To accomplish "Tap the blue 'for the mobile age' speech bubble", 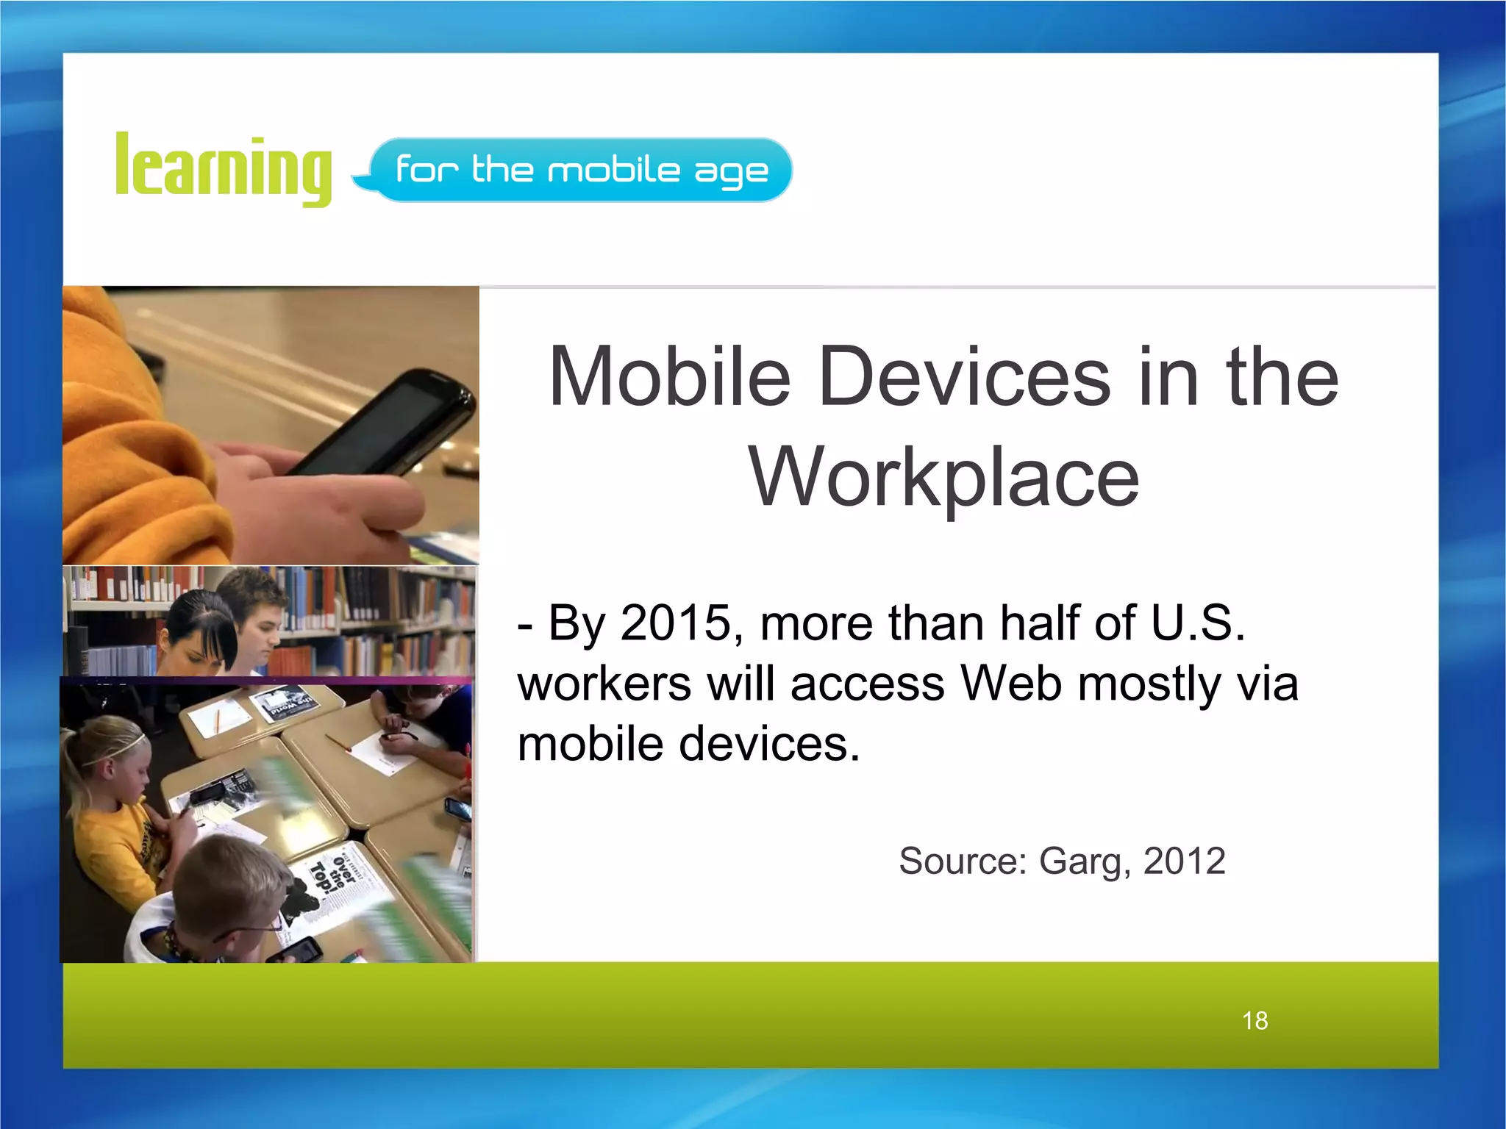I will (581, 170).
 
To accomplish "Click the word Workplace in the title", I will (944, 478).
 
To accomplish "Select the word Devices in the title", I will (964, 376).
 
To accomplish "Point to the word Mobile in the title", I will (669, 376).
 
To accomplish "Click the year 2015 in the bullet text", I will (676, 623).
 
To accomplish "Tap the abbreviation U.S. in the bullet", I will (1198, 623).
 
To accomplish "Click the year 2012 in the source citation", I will (1184, 861).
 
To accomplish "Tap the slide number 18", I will (1255, 1020).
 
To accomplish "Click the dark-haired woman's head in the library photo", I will (199, 628).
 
